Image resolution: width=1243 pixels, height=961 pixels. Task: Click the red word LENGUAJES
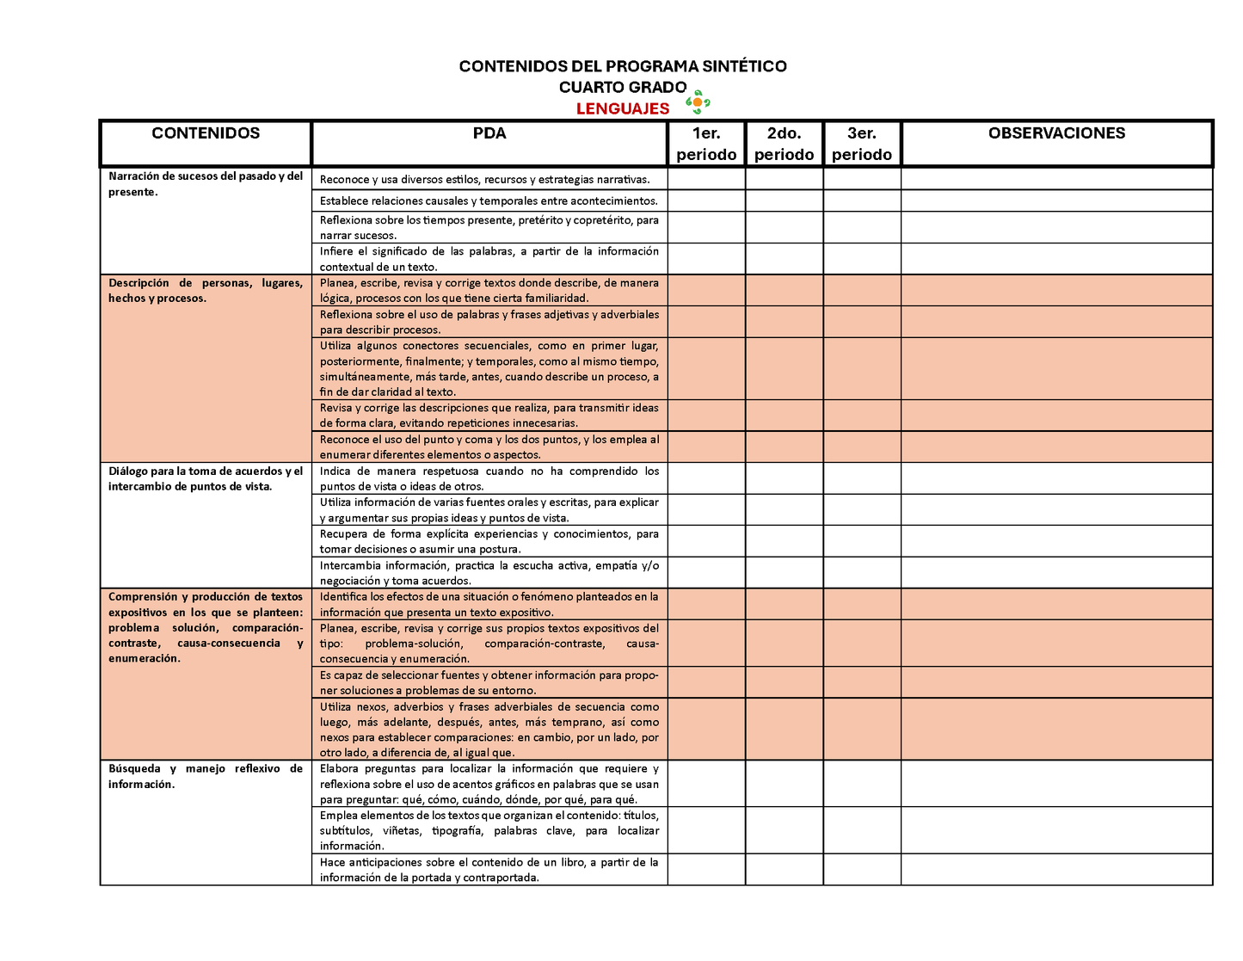click(622, 108)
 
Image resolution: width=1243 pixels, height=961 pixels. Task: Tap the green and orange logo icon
click(698, 102)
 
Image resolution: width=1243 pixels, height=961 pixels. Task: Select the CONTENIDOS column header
click(206, 133)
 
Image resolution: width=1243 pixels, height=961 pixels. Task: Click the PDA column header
click(489, 133)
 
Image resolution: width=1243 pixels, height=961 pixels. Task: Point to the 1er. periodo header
click(706, 144)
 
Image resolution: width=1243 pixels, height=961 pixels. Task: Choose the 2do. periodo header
click(784, 144)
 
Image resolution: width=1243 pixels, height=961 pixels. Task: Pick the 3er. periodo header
click(862, 144)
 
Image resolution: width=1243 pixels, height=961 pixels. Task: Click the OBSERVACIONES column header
click(1056, 133)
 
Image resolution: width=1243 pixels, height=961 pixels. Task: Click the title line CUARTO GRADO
click(622, 87)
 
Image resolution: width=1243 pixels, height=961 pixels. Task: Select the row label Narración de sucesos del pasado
click(205, 184)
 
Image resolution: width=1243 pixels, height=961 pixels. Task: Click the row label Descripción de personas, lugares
click(205, 291)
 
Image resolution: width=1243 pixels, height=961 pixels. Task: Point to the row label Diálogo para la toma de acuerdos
click(205, 478)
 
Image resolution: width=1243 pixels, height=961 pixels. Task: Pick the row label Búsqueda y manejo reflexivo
click(205, 776)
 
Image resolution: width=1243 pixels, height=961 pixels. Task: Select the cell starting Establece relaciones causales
click(489, 201)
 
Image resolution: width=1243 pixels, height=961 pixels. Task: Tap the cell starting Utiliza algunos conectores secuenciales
click(489, 369)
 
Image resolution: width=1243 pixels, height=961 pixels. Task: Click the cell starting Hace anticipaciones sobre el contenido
click(489, 870)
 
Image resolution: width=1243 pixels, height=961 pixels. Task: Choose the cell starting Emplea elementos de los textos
click(489, 830)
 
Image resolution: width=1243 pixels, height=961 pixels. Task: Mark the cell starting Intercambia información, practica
click(489, 573)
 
